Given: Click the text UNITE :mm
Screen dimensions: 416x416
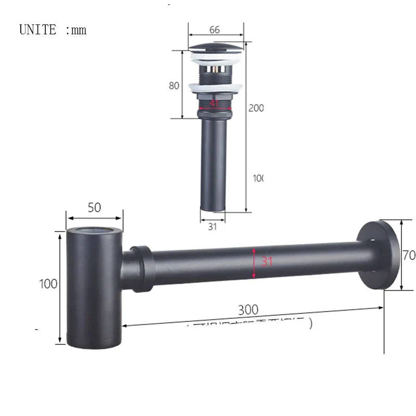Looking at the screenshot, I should [x=53, y=30].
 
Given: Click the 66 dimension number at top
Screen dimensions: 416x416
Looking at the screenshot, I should [x=214, y=30].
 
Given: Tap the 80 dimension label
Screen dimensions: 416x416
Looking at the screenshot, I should [x=174, y=86].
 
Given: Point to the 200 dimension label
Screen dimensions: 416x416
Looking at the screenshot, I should [x=255, y=108].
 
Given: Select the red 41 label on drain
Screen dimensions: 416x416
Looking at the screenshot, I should [x=214, y=103].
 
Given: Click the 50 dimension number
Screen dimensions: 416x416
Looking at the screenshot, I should [x=94, y=207].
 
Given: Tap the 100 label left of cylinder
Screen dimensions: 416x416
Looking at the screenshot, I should [x=48, y=284].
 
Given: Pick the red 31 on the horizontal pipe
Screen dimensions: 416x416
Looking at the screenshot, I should [x=267, y=262].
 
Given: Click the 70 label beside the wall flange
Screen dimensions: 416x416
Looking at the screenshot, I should [x=409, y=255].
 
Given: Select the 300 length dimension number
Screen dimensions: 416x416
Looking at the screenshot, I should [x=248, y=310].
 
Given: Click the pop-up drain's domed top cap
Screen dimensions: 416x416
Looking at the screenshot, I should [x=215, y=49].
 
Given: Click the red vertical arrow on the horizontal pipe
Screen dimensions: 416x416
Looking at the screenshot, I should [x=254, y=263].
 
